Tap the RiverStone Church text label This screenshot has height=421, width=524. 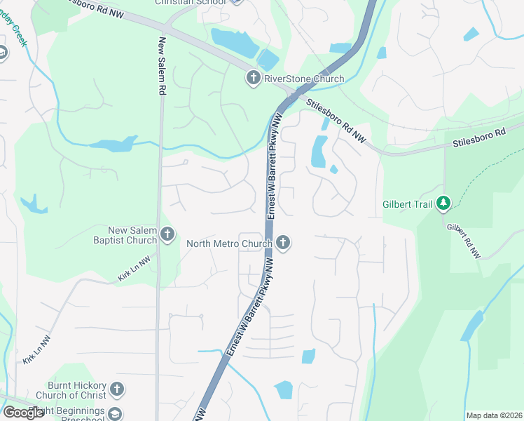pyautogui.click(x=303, y=79)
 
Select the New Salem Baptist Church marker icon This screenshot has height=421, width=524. pyautogui.click(x=167, y=235)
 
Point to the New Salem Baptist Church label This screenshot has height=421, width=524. pyautogui.click(x=132, y=235)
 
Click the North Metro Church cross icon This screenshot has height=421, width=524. pyautogui.click(x=283, y=243)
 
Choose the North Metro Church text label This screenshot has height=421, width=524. pyautogui.click(x=229, y=244)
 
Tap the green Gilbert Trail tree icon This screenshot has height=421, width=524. pyautogui.click(x=443, y=203)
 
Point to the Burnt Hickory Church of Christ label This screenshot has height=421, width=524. pyautogui.click(x=77, y=390)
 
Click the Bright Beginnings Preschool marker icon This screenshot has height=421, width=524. pyautogui.click(x=115, y=415)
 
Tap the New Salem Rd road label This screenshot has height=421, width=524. pyautogui.click(x=162, y=66)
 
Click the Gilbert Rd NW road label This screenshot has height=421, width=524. pyautogui.click(x=464, y=241)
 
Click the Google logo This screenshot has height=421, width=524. pyautogui.click(x=23, y=413)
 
